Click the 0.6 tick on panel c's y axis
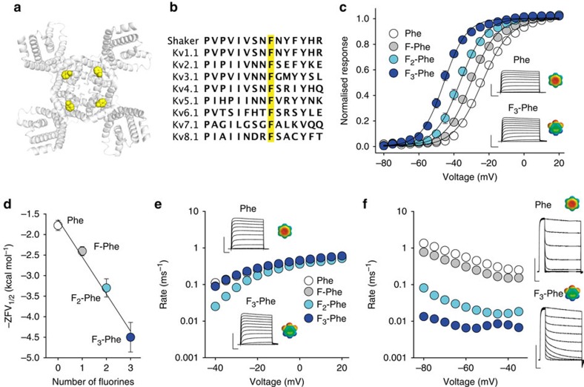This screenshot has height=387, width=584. [x=371, y=66]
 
